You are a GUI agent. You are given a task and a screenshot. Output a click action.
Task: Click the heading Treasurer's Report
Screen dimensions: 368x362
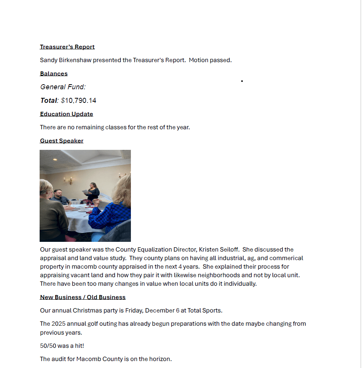pyautogui.click(x=67, y=47)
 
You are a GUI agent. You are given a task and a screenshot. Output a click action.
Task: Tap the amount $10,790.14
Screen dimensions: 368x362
pyautogui.click(x=78, y=101)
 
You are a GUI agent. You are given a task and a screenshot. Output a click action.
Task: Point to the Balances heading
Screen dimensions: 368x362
pyautogui.click(x=54, y=74)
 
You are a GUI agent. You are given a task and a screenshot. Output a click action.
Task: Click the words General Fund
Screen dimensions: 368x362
pyautogui.click(x=63, y=87)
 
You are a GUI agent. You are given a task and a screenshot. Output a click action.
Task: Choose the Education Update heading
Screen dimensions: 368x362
pyautogui.click(x=66, y=114)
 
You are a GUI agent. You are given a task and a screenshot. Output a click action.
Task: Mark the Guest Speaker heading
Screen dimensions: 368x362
pyautogui.click(x=61, y=141)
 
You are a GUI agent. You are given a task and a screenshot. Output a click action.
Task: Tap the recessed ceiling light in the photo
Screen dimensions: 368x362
pyautogui.click(x=55, y=159)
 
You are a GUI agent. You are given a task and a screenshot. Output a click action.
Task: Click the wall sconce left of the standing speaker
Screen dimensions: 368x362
pyautogui.click(x=68, y=180)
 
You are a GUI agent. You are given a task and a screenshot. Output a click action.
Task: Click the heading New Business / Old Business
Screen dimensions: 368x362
pyautogui.click(x=83, y=297)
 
